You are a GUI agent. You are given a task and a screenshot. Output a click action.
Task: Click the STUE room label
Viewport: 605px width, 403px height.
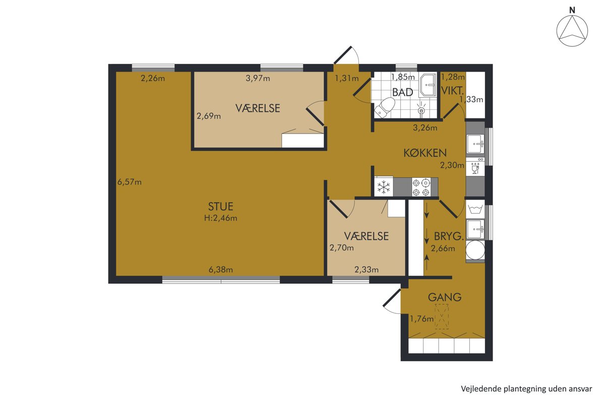(220, 207)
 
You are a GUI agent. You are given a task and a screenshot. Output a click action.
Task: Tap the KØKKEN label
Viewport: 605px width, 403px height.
(425, 153)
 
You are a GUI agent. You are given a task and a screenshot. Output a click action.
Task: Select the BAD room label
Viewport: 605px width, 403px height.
(402, 92)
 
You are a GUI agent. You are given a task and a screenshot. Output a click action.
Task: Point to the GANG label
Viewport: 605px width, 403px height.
(445, 297)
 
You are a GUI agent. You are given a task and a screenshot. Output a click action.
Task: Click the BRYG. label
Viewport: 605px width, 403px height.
(449, 236)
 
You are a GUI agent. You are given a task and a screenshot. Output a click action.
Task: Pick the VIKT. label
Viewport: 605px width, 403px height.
(452, 91)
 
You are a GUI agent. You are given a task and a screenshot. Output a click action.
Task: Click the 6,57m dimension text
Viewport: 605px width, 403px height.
(130, 182)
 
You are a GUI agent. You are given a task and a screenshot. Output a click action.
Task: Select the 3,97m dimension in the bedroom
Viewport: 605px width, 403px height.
(258, 78)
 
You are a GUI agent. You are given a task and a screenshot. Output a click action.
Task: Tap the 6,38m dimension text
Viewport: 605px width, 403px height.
(221, 270)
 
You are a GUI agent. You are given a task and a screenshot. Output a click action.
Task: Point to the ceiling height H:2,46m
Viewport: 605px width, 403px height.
(221, 218)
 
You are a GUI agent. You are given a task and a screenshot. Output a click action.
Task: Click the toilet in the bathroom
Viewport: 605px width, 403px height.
(384, 107)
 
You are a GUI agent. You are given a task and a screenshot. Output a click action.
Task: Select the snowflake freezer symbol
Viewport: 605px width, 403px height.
(384, 187)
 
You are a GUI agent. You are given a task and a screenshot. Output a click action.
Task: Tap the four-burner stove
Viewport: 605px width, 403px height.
(421, 187)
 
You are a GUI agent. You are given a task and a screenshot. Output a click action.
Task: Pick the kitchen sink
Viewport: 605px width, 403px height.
(475, 144)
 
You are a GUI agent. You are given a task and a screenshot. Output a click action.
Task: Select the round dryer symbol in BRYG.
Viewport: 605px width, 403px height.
(475, 250)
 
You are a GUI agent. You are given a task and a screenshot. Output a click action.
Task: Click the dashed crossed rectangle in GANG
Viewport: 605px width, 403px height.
(442, 317)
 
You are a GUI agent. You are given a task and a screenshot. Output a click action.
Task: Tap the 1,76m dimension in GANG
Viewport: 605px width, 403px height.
(421, 319)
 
